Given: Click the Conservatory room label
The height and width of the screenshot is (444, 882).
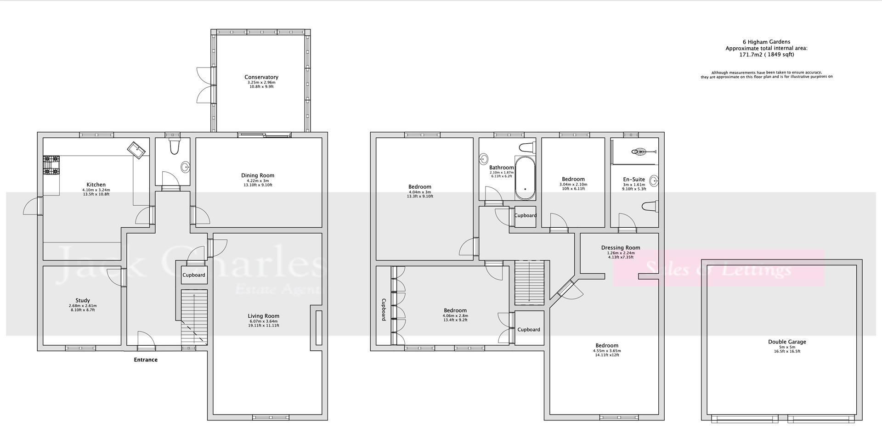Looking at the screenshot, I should pos(261,77).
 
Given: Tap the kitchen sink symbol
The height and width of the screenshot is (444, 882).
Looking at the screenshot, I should pos(137,150).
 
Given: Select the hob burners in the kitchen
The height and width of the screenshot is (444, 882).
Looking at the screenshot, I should pos(51,165).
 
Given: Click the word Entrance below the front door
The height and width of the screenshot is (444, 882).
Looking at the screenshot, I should pos(146,360).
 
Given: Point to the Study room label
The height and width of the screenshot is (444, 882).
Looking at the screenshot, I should pos(83,300).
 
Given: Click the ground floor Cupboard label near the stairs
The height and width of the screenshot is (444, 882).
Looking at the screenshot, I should pos(194,275).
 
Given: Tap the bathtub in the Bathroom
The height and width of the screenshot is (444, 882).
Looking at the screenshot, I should pos(525,178).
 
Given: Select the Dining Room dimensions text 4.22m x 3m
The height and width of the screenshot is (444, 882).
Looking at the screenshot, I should pos(258,180).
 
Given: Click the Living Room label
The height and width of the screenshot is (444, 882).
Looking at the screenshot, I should pos(263,316).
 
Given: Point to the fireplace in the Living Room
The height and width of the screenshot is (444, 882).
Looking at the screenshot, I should pos(318,327).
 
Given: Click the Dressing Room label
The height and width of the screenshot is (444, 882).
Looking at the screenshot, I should pos(620,247).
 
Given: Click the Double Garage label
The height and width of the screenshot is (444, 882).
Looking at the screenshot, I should pos(787,342).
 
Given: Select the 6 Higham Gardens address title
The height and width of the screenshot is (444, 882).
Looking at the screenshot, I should pos(766,42).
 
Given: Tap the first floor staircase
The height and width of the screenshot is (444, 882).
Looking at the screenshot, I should pos(529,282).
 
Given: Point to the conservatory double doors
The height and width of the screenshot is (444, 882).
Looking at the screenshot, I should pos(206,85).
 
